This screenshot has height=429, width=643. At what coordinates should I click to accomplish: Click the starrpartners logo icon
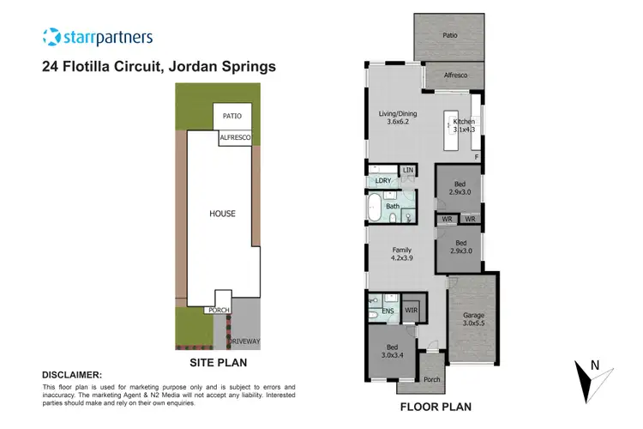(x=51, y=37)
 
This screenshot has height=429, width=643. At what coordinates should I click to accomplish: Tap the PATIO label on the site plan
(x=231, y=116)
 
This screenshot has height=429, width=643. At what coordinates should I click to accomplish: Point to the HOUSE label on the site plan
(x=223, y=213)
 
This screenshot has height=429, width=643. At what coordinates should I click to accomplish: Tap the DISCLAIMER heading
(x=72, y=375)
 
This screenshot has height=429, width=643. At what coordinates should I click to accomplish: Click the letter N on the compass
(x=593, y=366)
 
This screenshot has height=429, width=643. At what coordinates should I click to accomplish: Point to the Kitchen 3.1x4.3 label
(x=464, y=127)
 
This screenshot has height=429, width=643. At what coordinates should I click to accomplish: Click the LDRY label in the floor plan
(x=382, y=181)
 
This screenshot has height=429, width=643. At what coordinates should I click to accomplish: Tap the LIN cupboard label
(x=407, y=172)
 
